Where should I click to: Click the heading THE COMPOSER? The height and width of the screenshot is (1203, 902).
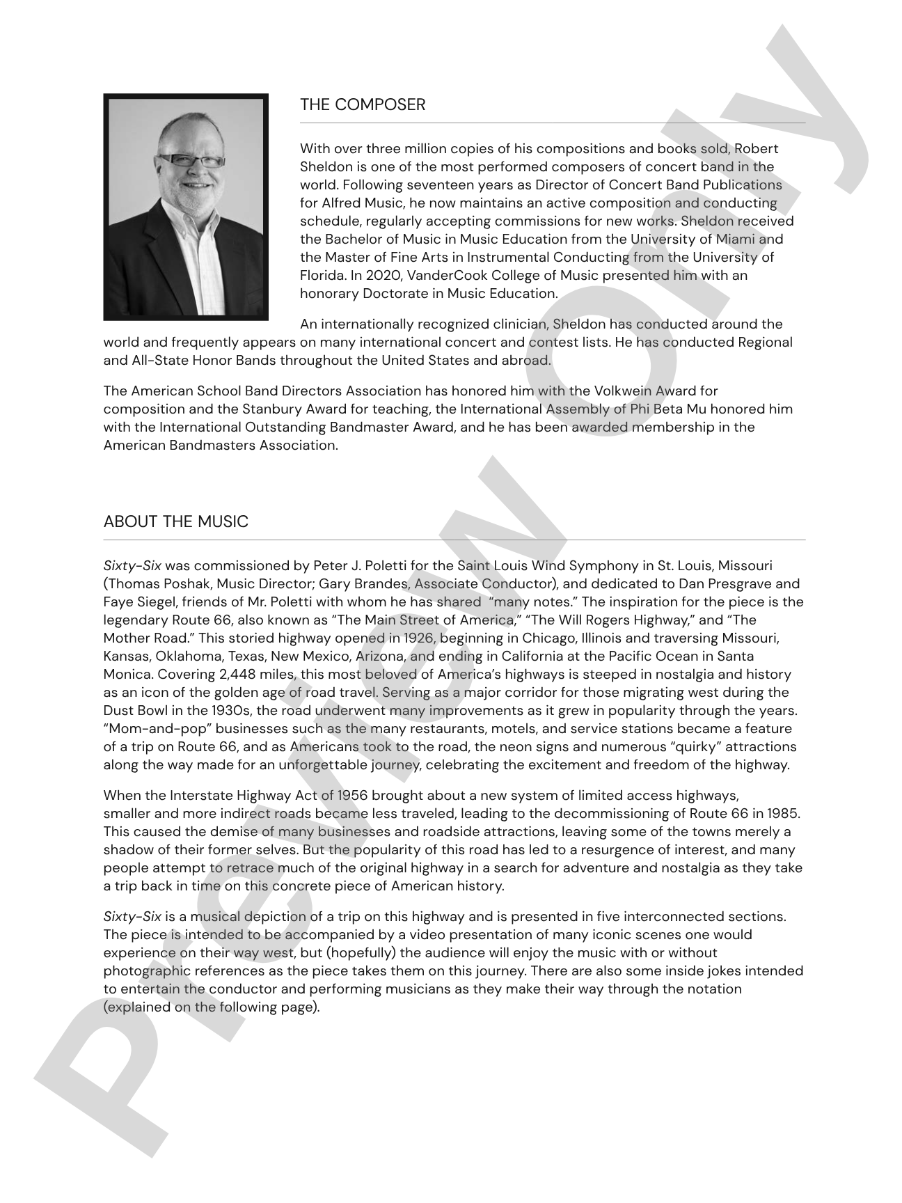click(x=362, y=105)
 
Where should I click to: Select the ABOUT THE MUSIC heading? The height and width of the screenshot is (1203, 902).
click(x=175, y=522)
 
